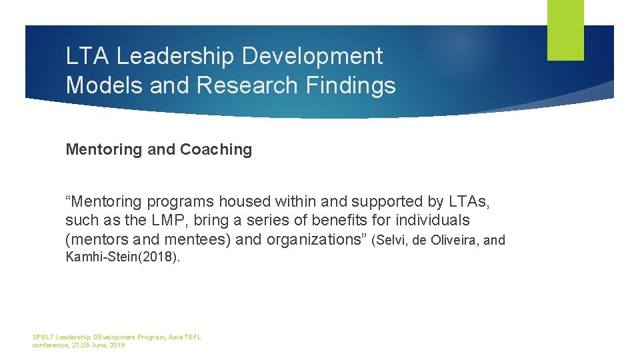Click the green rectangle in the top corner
[x=565, y=30]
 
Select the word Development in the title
[x=312, y=57]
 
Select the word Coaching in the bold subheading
[x=216, y=150]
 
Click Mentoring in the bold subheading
[x=104, y=150]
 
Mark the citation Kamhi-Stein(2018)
[x=123, y=257]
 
